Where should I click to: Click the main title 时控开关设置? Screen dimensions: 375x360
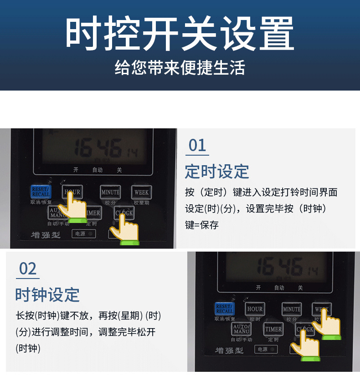click(180, 34)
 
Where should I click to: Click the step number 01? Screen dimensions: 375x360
click(197, 146)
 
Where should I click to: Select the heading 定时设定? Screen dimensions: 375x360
click(217, 172)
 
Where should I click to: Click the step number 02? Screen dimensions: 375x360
click(27, 269)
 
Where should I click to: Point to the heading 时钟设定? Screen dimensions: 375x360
click(47, 294)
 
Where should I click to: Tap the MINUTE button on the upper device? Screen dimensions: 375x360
click(110, 192)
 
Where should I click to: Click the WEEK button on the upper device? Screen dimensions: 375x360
click(141, 192)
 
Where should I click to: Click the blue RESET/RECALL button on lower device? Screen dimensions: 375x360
click(224, 309)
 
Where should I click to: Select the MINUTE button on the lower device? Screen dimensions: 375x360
click(292, 309)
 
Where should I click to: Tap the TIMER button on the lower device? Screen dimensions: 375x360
click(273, 329)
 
